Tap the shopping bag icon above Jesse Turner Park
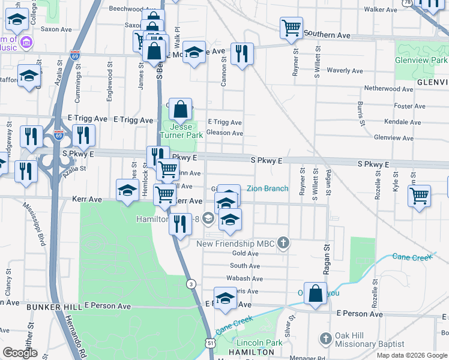180,110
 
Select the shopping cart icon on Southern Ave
291,27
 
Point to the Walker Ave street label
381,10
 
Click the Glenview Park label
421,61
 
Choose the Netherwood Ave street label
389,88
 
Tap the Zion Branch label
267,188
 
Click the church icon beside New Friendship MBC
285,244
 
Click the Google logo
20,353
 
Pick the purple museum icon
26,43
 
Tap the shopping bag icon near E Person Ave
315,294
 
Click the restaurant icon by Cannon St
243,53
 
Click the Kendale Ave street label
396,121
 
